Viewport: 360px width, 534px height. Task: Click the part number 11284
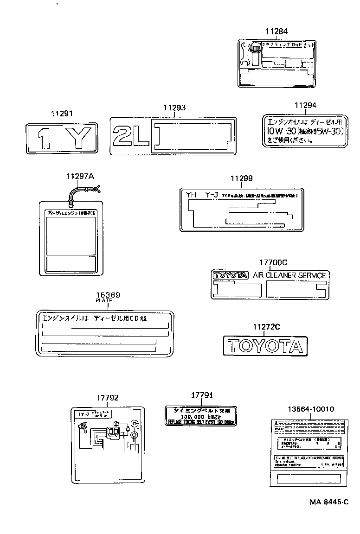[x=276, y=32]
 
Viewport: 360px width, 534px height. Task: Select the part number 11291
[x=62, y=113]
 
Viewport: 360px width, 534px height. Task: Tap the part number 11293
[x=174, y=108]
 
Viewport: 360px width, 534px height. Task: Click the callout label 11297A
[x=80, y=176]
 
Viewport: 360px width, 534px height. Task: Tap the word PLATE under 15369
[x=104, y=301]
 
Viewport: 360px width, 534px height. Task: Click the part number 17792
[x=108, y=398]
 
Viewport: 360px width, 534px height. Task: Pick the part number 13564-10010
[x=310, y=409]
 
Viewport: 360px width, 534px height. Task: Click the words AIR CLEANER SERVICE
[x=289, y=275]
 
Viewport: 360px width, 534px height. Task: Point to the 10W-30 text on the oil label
[x=278, y=132]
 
